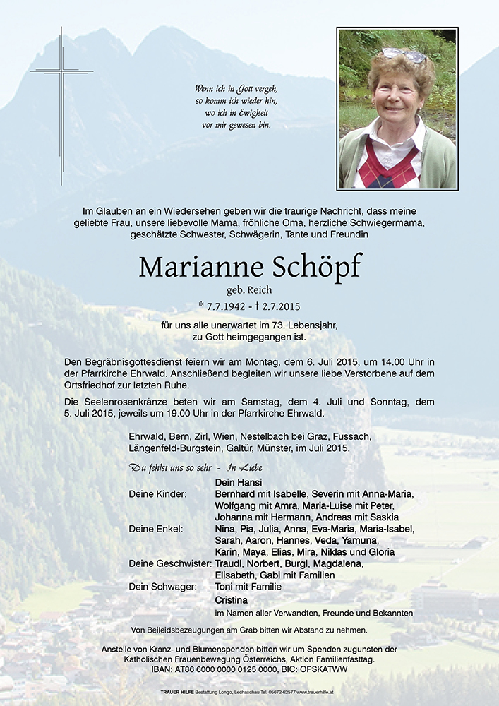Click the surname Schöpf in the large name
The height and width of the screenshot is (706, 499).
pyautogui.click(x=315, y=267)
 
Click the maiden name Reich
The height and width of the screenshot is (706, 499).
pyautogui.click(x=260, y=289)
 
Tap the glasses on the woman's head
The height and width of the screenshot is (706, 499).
pyautogui.click(x=403, y=54)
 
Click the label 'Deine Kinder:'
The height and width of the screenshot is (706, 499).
pyautogui.click(x=157, y=494)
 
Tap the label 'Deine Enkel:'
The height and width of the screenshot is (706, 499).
pyautogui.click(x=155, y=529)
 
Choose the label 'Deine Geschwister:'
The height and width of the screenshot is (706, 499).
pyautogui.click(x=170, y=563)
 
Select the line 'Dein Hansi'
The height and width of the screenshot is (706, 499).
pyautogui.click(x=237, y=482)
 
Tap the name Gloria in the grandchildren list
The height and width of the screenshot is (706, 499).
pyautogui.click(x=381, y=552)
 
